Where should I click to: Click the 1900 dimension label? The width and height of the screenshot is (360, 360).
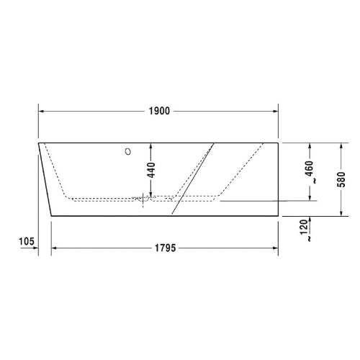159,111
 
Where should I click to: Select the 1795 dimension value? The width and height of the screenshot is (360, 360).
166,248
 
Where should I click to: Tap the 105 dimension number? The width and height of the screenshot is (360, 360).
27,241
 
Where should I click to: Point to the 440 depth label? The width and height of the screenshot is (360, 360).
151,170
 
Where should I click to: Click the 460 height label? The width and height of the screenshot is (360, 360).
310,168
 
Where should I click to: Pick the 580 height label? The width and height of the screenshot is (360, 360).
341,179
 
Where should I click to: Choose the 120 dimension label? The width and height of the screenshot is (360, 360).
304,227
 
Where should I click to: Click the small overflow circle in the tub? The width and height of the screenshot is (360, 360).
128,151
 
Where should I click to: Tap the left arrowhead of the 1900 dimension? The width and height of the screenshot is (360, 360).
41,111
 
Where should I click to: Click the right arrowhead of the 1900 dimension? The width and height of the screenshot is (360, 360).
275,111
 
